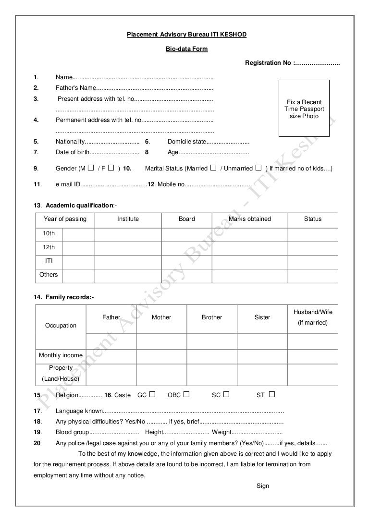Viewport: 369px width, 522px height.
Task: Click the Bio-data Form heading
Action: tap(186, 49)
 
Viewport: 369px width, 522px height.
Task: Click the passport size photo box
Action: tap(304, 109)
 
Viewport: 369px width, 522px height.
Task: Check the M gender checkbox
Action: tap(91, 168)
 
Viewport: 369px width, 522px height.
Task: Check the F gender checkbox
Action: tap(111, 168)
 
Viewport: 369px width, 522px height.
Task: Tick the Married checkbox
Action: tap(213, 168)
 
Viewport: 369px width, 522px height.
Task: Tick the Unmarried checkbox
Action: tap(258, 168)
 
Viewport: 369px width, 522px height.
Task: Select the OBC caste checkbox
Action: tap(186, 394)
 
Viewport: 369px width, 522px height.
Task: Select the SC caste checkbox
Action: tap(226, 394)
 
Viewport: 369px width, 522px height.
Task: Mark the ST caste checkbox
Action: tap(272, 394)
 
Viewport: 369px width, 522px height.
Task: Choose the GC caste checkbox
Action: tap(152, 394)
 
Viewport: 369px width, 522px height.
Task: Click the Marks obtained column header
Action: tap(250, 219)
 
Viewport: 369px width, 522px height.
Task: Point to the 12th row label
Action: tap(49, 247)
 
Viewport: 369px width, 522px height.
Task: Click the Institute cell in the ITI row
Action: tap(128, 261)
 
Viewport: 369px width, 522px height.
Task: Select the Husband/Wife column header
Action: tap(313, 312)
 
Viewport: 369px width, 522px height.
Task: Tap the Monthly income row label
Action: tap(61, 355)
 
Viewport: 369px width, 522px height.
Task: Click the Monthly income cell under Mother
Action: tap(161, 355)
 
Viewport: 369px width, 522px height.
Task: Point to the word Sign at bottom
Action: tap(263, 486)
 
